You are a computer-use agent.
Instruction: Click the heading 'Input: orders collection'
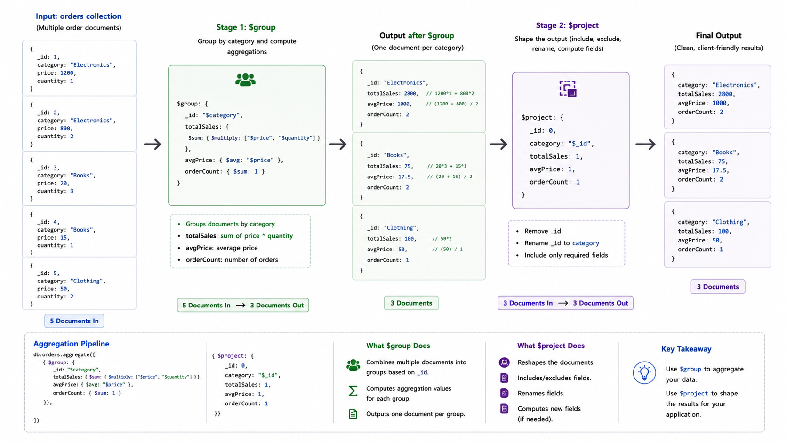tap(79, 16)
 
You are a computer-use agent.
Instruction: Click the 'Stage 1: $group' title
tap(246, 27)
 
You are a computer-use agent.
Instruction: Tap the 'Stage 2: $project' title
tap(567, 25)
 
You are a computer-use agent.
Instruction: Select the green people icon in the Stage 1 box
tap(245, 80)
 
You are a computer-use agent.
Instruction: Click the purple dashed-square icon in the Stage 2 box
tap(568, 89)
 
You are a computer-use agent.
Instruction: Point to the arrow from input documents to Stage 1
tap(153, 144)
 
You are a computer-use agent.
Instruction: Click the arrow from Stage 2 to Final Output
tap(646, 144)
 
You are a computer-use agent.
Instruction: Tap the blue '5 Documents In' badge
tap(74, 321)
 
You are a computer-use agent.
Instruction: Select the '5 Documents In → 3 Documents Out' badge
tap(243, 305)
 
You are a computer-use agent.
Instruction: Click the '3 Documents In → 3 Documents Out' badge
tap(565, 303)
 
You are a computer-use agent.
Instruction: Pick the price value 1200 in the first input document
tap(67, 73)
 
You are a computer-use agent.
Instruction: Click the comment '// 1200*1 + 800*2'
tap(450, 93)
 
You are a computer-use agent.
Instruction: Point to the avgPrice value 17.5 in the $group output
tap(404, 177)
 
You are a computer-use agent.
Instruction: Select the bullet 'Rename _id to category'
tap(562, 243)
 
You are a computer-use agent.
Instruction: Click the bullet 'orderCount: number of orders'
tap(232, 259)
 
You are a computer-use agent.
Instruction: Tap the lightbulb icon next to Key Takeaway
tap(644, 373)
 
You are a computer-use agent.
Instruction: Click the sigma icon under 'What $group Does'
tap(353, 391)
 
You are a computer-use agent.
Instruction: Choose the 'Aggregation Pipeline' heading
tap(72, 344)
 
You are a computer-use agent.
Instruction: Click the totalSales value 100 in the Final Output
tap(723, 231)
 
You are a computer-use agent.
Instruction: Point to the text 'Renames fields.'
tap(541, 393)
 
